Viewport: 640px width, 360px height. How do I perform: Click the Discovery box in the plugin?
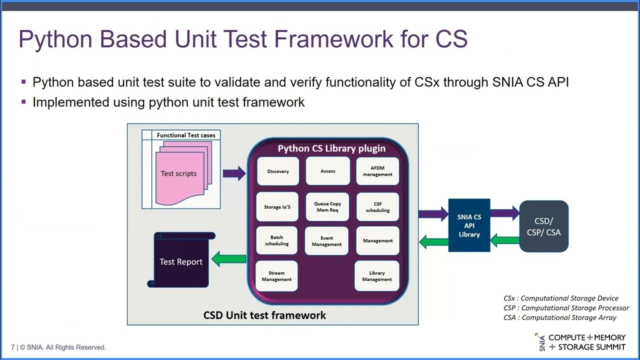277,171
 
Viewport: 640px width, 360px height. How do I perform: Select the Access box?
327,171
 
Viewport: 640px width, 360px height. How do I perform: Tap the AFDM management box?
377,171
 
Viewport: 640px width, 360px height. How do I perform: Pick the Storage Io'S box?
277,206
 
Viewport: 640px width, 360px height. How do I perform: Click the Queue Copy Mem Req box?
327,206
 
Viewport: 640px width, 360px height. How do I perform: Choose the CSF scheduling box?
377,207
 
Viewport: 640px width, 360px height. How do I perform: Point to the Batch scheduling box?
277,240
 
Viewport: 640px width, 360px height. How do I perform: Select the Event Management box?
326,241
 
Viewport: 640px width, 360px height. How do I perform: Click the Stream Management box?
276,276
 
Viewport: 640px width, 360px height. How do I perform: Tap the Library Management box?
377,276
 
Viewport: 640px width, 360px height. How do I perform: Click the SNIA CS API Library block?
469,225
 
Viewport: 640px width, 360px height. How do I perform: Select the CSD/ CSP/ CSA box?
544,226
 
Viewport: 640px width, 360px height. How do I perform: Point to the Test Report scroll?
181,261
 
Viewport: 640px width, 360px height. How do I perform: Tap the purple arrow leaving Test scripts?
234,173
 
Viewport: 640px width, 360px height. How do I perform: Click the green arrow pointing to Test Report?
229,259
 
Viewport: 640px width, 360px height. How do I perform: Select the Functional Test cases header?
186,135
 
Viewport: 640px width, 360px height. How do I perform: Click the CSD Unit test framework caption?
264,315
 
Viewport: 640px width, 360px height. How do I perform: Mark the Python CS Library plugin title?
331,148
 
